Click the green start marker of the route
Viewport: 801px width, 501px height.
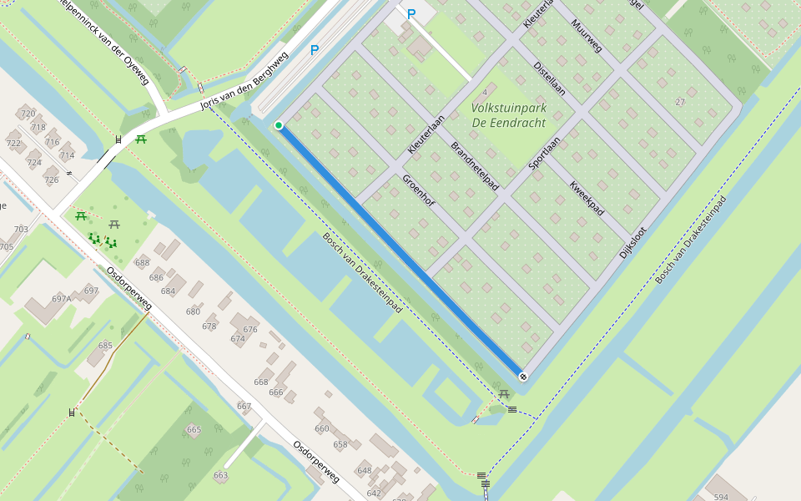(x=279, y=125)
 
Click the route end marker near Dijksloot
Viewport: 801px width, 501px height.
(x=523, y=377)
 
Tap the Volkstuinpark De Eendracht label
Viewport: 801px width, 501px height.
(x=508, y=115)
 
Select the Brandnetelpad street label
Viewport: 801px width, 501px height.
(x=475, y=166)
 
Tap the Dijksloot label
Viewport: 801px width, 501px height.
(x=632, y=230)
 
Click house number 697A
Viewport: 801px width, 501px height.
(x=61, y=298)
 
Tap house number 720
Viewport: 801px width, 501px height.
(x=28, y=114)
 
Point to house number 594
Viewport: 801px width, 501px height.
(x=721, y=497)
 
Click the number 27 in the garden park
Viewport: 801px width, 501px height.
(x=680, y=102)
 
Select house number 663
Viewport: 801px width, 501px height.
(x=220, y=475)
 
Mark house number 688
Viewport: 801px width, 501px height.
(x=143, y=263)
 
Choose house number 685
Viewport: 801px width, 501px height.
(x=105, y=345)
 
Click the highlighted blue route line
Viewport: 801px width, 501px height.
(x=400, y=250)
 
